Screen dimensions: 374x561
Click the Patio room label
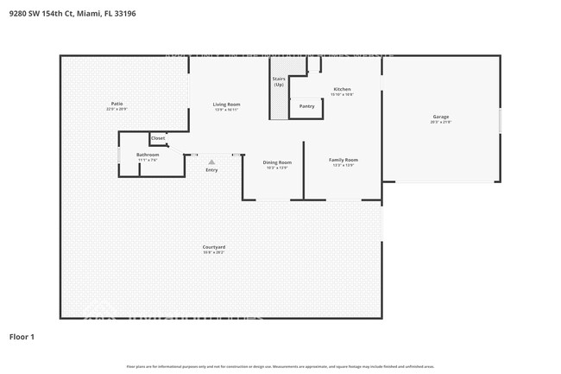click(x=117, y=104)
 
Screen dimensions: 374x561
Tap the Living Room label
click(x=226, y=105)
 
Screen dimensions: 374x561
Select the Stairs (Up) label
click(x=278, y=82)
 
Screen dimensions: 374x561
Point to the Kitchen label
click(x=342, y=89)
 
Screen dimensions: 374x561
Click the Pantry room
click(x=306, y=106)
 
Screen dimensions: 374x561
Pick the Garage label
click(x=440, y=117)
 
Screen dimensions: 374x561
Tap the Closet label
click(x=158, y=138)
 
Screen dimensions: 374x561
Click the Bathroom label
click(x=148, y=155)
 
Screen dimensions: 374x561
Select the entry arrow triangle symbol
click(x=211, y=162)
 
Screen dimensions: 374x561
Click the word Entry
click(x=211, y=170)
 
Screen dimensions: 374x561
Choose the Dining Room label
click(x=277, y=162)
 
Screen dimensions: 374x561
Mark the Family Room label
click(x=343, y=160)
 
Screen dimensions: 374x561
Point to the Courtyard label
click(x=214, y=247)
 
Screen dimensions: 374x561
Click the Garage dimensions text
click(x=440, y=123)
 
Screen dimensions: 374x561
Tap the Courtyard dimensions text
click(x=214, y=253)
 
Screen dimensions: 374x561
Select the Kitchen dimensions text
click(x=342, y=95)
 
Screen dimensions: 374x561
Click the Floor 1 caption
click(x=22, y=337)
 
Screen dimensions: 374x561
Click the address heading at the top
click(x=66, y=14)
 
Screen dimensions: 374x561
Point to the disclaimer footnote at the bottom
click(x=280, y=366)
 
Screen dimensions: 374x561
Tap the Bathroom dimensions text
click(x=148, y=161)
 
